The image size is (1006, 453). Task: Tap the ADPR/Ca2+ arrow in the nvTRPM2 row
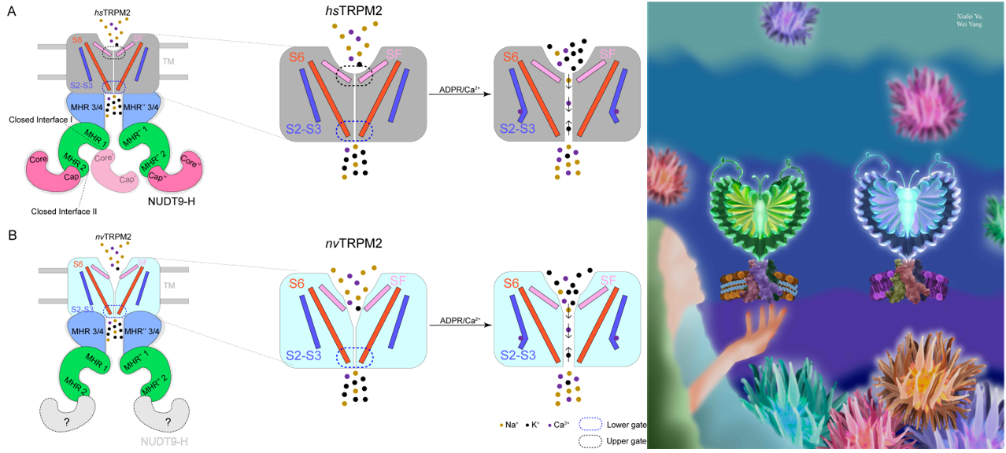(456, 324)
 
